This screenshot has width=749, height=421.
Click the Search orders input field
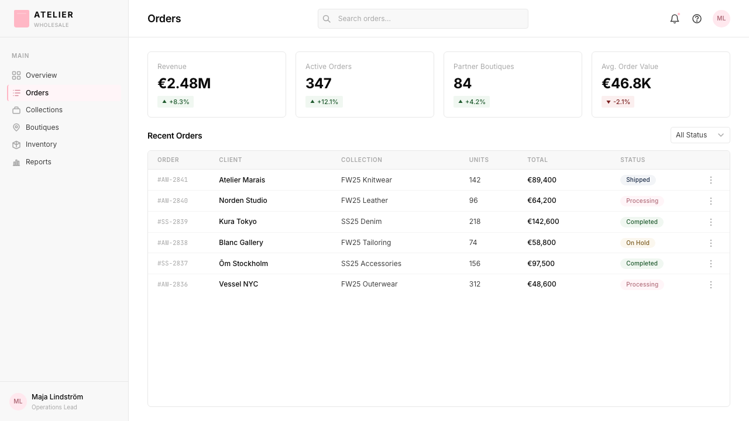click(x=422, y=19)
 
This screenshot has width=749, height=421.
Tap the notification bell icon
click(x=675, y=19)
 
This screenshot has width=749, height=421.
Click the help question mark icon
click(x=697, y=19)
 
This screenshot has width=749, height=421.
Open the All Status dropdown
click(x=700, y=135)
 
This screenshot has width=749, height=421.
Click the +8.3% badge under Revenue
click(x=176, y=102)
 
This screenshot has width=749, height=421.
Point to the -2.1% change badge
click(x=618, y=102)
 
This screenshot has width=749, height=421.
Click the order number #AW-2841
click(x=173, y=180)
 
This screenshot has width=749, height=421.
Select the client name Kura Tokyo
click(x=238, y=222)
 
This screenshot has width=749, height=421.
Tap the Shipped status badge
click(x=638, y=180)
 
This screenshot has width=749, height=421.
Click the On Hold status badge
click(x=638, y=243)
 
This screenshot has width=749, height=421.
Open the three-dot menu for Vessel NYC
click(x=711, y=284)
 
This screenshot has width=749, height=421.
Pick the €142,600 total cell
click(x=543, y=222)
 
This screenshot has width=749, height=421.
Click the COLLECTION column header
click(x=362, y=160)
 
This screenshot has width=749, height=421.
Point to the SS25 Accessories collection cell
click(x=371, y=264)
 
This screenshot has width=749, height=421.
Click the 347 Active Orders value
click(x=318, y=83)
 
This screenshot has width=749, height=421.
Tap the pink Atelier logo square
click(x=22, y=19)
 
